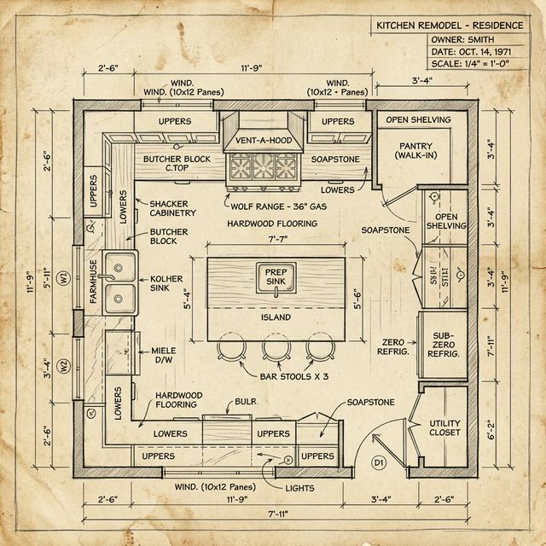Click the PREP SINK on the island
pyautogui.click(x=276, y=277)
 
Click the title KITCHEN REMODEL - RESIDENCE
pyautogui.click(x=450, y=26)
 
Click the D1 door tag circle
pyautogui.click(x=379, y=462)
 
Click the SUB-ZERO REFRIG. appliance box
pyautogui.click(x=443, y=346)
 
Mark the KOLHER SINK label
pyautogui.click(x=167, y=284)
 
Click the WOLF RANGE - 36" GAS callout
pyautogui.click(x=276, y=206)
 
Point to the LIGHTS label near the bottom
pyautogui.click(x=300, y=489)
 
